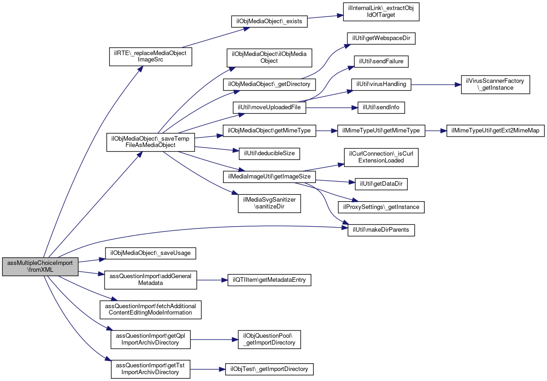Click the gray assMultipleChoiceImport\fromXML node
tap(40, 267)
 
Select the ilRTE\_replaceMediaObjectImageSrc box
tap(151, 57)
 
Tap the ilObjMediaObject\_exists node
tap(269, 21)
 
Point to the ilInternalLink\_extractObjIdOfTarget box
tap(381, 12)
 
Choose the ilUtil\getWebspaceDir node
tap(381, 38)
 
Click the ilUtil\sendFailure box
tap(381, 61)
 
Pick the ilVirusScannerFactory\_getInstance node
tap(496, 85)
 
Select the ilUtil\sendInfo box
tap(381, 107)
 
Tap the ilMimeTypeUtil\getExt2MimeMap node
tap(496, 131)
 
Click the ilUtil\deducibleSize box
tap(269, 154)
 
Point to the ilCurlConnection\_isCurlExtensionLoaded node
tap(381, 157)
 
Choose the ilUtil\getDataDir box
tap(381, 184)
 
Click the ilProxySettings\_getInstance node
tap(381, 207)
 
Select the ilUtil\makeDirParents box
tap(381, 230)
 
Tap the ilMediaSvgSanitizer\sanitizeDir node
tap(269, 203)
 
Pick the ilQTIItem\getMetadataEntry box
tap(269, 280)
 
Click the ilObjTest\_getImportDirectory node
tap(269, 369)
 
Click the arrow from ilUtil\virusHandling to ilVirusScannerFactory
tap(436, 85)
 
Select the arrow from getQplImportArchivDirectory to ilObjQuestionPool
tap(214, 340)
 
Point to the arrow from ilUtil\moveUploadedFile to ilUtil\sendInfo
tap(332, 107)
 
